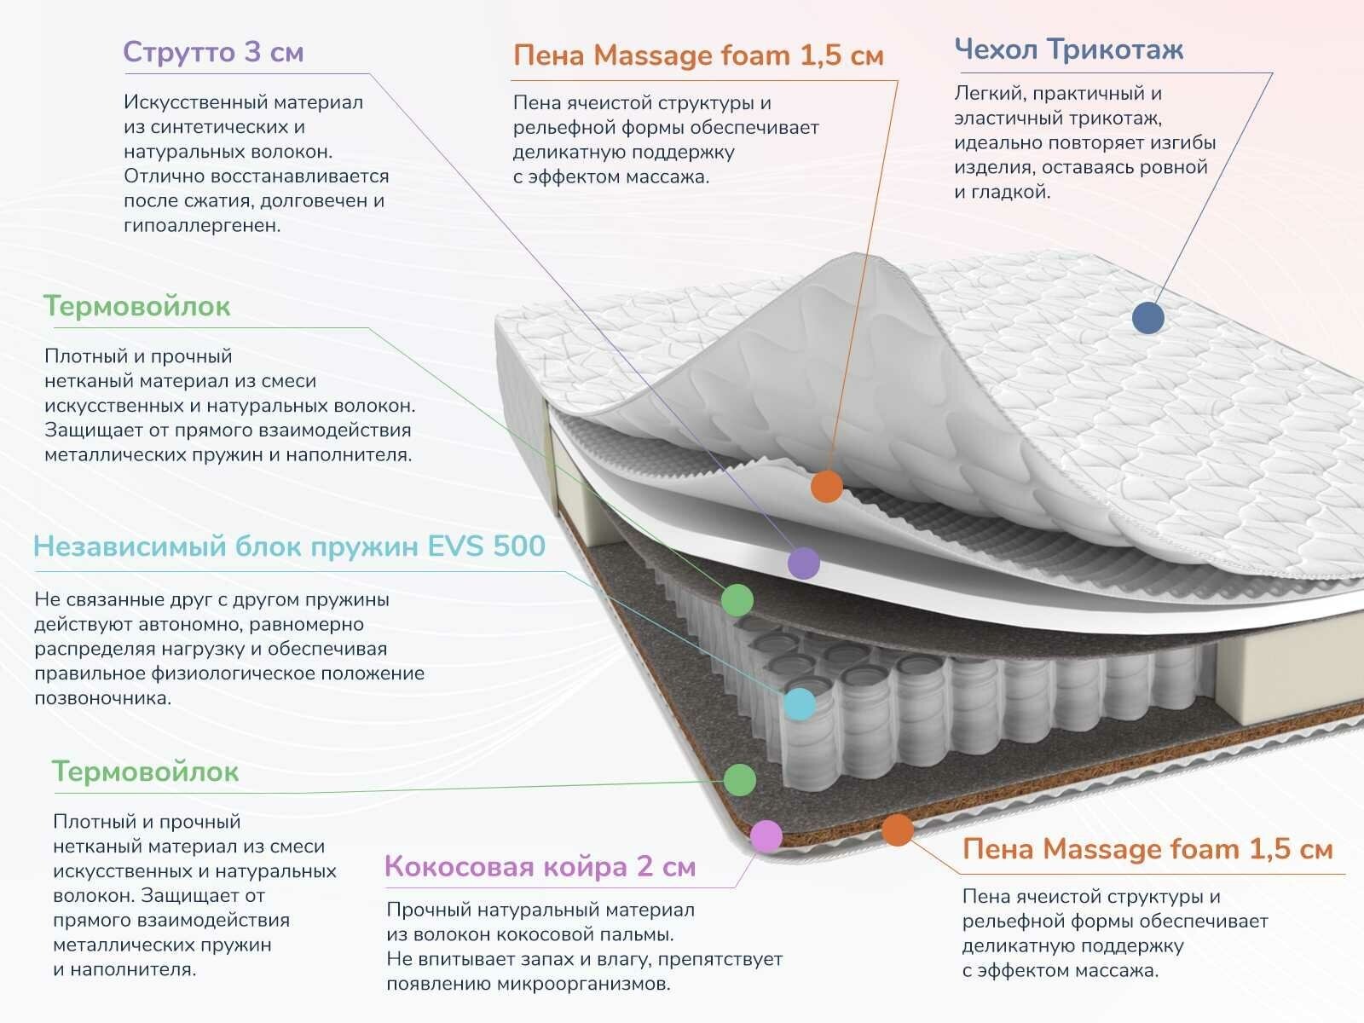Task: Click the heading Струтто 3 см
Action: (x=213, y=53)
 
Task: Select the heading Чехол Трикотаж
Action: (x=1068, y=49)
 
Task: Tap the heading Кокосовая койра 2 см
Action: (x=540, y=867)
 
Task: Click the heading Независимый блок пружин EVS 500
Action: (x=289, y=546)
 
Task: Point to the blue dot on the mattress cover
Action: (x=1148, y=318)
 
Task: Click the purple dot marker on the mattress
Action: (x=803, y=563)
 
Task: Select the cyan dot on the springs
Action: (x=799, y=704)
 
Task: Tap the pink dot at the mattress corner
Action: (x=766, y=836)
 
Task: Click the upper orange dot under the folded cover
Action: (x=826, y=487)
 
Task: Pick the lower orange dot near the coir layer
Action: (x=897, y=829)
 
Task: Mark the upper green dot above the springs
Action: (x=737, y=600)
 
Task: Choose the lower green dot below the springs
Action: (x=739, y=779)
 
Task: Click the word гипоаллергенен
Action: (x=202, y=226)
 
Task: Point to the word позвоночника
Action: (x=102, y=698)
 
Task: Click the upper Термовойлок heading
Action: (x=136, y=306)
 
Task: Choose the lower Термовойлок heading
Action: (x=145, y=772)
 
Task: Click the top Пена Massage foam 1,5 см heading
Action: (x=698, y=56)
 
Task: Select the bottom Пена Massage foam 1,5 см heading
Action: (x=1147, y=849)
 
